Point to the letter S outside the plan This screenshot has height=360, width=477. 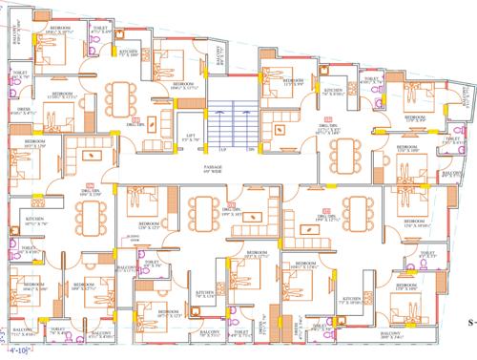pos(469,324)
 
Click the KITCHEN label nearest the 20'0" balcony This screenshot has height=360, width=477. pos(349,299)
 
